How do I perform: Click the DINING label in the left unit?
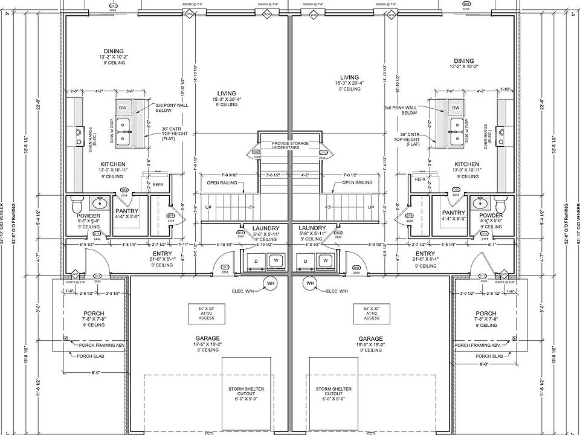click(x=114, y=51)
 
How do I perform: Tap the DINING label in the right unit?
click(x=464, y=60)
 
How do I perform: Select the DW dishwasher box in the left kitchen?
click(x=123, y=108)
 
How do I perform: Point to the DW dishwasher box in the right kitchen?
click(x=456, y=108)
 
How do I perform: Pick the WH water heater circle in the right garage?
click(x=311, y=283)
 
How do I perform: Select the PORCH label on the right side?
click(x=486, y=313)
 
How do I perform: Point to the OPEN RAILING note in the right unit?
click(x=358, y=182)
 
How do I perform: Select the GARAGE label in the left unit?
click(x=207, y=338)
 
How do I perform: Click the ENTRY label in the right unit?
click(x=425, y=253)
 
